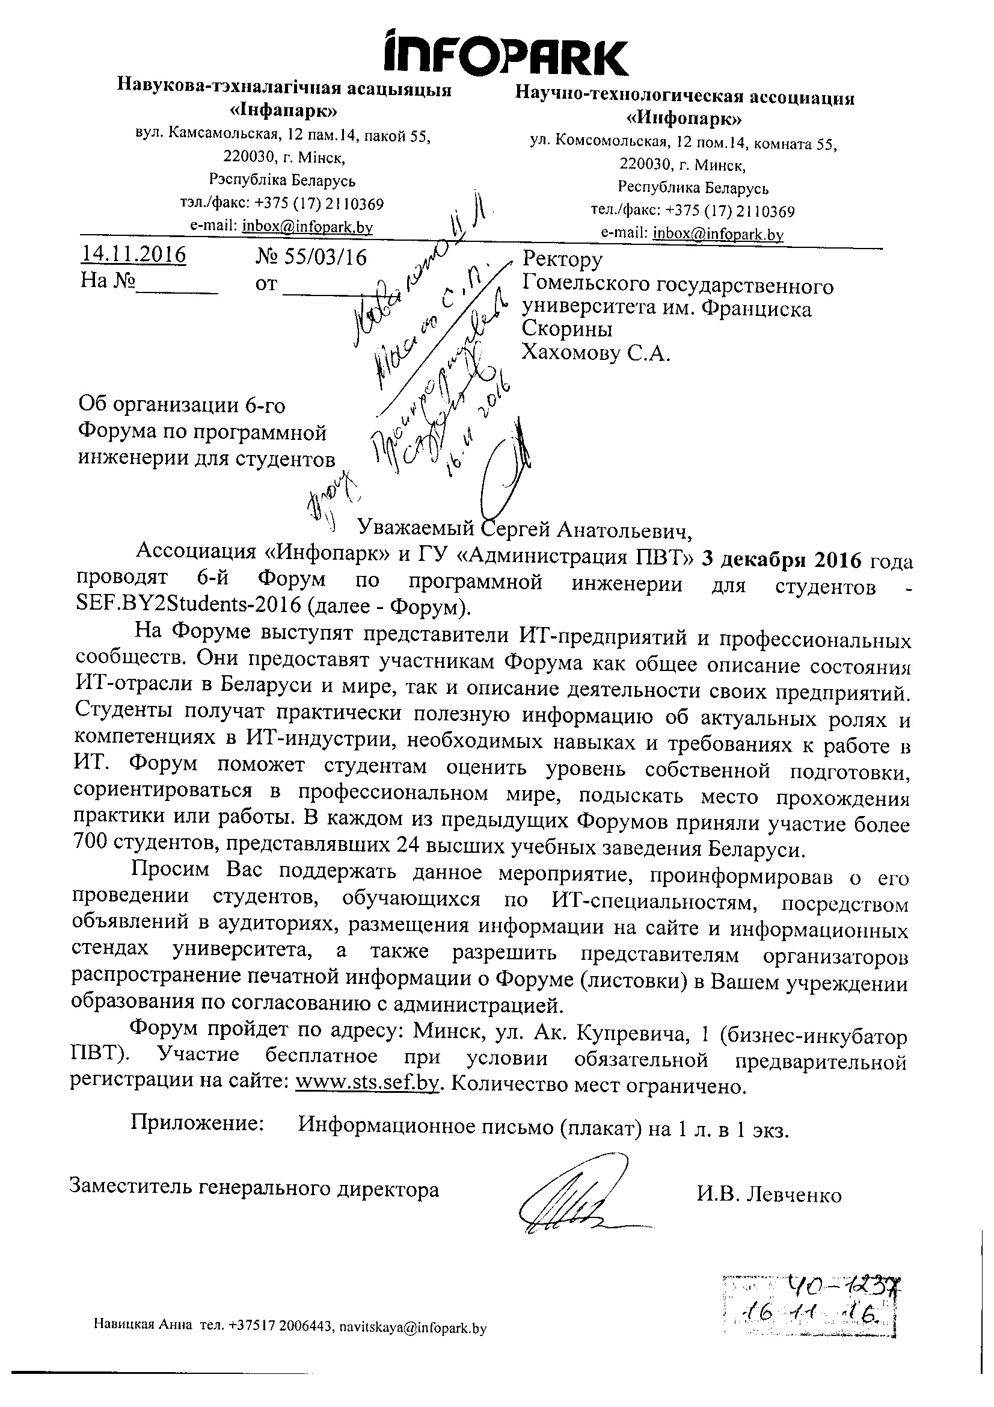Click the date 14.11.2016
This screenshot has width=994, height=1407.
click(x=133, y=255)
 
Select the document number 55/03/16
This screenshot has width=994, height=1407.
click(x=310, y=258)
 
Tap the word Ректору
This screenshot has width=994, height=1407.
click(x=562, y=259)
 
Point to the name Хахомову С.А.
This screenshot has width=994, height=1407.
click(x=595, y=353)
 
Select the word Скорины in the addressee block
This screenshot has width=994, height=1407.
click(x=566, y=330)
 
